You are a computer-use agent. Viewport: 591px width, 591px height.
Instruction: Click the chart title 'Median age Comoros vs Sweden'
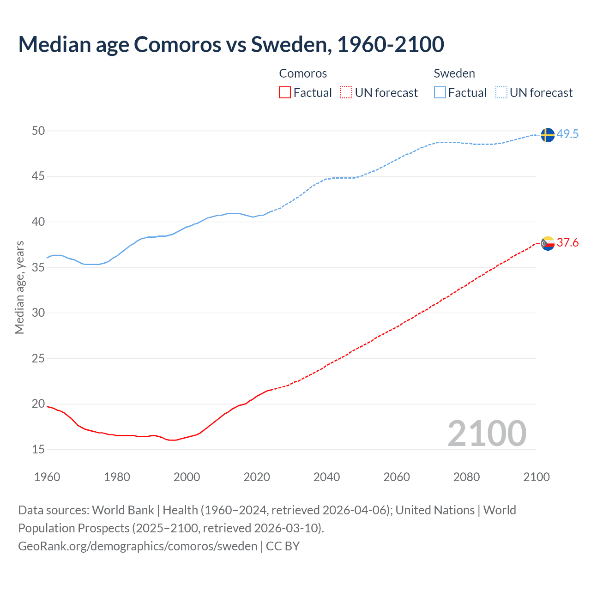click(231, 44)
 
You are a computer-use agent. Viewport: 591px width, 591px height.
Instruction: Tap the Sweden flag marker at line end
click(547, 135)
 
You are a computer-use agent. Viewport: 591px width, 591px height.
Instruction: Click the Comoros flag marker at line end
click(547, 243)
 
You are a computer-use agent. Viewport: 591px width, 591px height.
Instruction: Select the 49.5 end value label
click(567, 134)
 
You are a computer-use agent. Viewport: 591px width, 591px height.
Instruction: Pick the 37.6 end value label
click(567, 243)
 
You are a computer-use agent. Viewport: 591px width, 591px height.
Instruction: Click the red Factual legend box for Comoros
click(285, 93)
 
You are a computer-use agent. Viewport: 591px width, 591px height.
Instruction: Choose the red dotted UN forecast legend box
click(346, 93)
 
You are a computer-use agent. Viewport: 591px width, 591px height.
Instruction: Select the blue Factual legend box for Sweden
click(440, 93)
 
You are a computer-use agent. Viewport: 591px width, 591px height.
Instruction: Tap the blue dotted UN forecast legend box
click(501, 93)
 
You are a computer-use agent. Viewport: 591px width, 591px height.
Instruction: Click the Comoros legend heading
click(303, 73)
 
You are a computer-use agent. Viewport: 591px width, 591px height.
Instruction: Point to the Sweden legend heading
click(454, 73)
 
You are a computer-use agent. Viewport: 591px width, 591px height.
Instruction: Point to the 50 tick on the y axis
click(38, 131)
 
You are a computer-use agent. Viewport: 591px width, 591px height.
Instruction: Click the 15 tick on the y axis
click(38, 449)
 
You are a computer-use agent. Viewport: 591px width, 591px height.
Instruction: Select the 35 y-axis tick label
click(38, 267)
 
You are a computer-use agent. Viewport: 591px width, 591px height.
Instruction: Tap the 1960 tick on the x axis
click(47, 477)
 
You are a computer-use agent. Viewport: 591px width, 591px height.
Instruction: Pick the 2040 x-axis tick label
click(326, 477)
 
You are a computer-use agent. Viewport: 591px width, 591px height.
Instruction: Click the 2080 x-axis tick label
click(466, 477)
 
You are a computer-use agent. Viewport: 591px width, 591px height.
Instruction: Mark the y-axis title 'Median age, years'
click(19, 287)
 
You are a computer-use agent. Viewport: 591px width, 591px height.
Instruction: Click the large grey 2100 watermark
click(487, 434)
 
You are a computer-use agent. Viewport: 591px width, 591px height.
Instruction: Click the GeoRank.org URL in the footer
click(138, 546)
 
